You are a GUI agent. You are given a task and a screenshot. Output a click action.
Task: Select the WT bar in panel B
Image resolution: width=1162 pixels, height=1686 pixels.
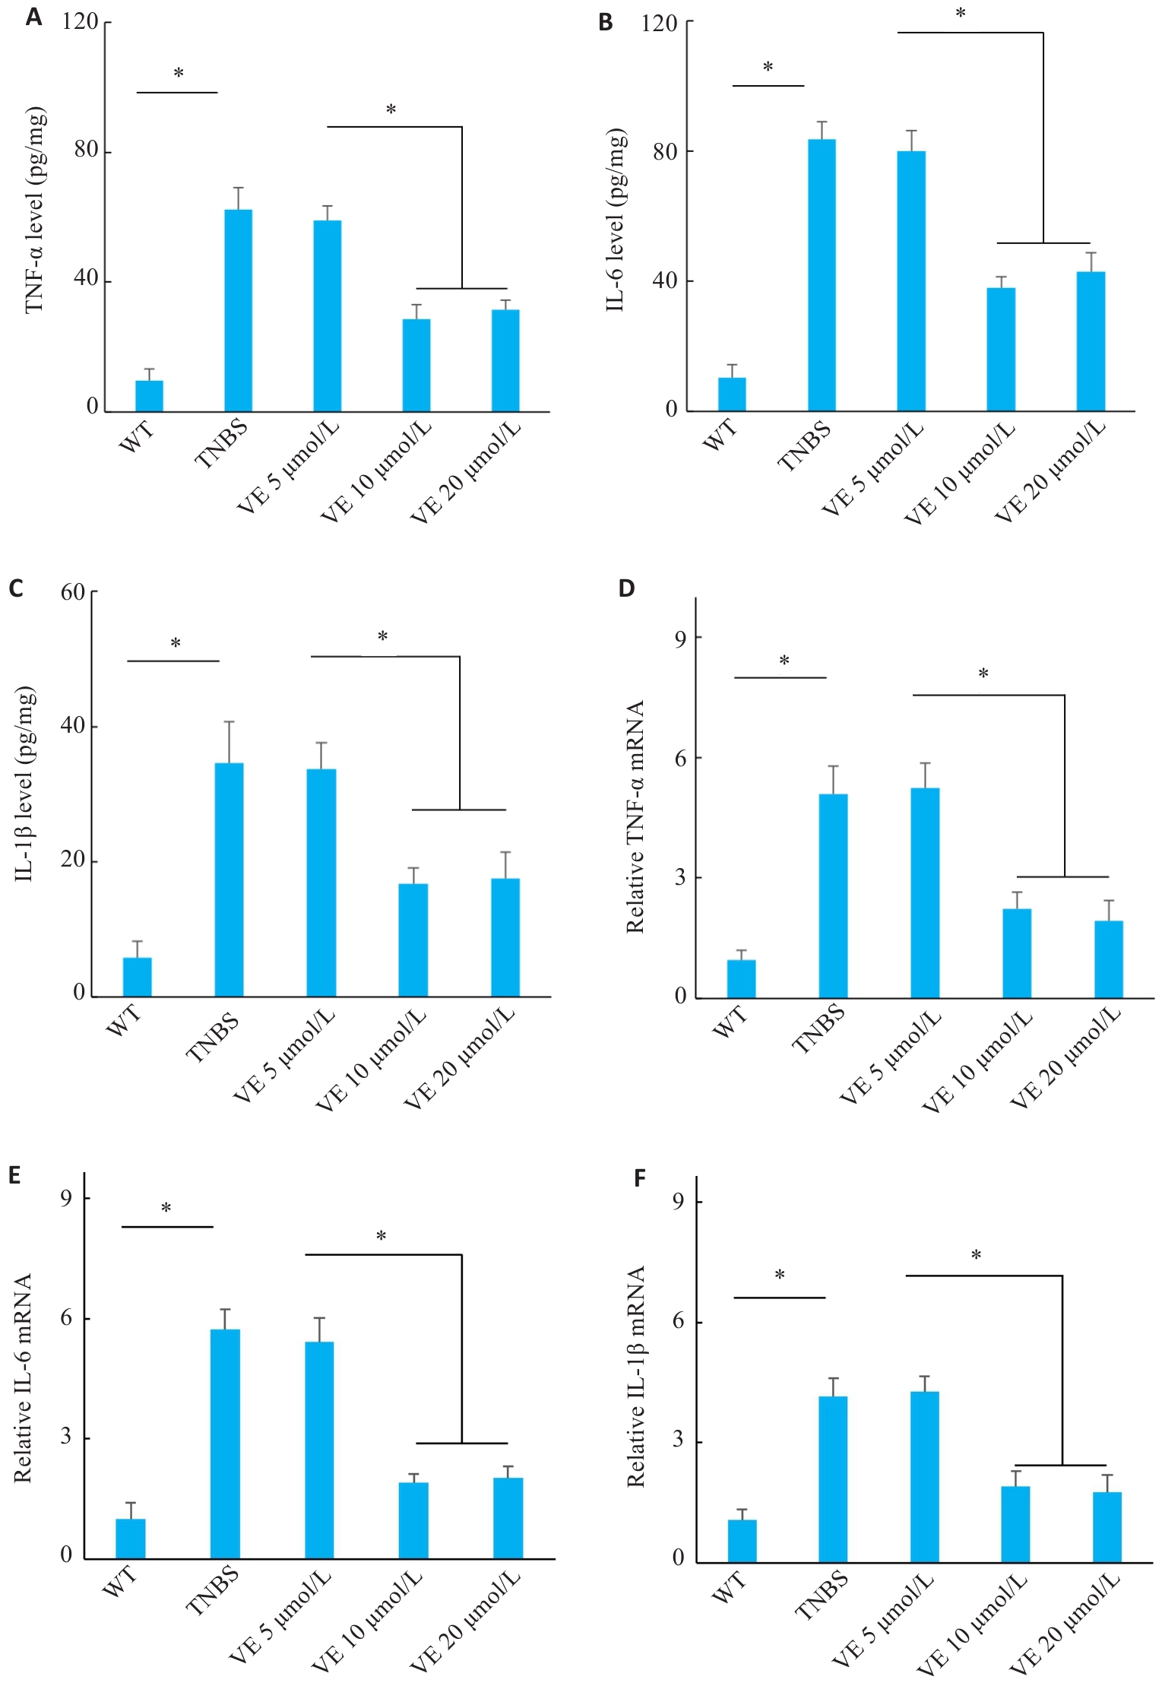pos(732,394)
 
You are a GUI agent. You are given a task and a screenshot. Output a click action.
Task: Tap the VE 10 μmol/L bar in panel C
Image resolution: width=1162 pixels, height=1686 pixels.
pos(413,940)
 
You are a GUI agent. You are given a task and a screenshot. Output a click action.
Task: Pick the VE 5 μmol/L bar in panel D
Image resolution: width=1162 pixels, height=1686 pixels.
pos(925,892)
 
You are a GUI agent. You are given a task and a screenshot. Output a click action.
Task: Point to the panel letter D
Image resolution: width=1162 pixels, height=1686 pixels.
pos(626,588)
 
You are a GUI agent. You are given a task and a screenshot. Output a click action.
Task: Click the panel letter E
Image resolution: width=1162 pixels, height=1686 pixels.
pos(14,1176)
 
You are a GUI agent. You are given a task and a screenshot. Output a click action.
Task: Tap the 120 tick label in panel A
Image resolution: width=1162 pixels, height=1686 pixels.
pos(81,21)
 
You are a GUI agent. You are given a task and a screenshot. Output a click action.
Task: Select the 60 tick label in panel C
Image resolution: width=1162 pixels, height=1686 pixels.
pos(73,592)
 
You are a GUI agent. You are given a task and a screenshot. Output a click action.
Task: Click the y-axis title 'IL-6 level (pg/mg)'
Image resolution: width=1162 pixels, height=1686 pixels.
pos(616,220)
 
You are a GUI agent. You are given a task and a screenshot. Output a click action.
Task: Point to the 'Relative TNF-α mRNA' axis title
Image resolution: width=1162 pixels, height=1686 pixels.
pos(635,816)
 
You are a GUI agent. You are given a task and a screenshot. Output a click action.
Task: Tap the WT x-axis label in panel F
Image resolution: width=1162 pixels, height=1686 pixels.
pos(730,1587)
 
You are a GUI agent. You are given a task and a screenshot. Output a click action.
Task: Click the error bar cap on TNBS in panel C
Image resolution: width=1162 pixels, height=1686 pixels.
pos(229,721)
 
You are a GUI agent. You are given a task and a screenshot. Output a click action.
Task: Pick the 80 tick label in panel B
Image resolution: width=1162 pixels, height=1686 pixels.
pos(665,152)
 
